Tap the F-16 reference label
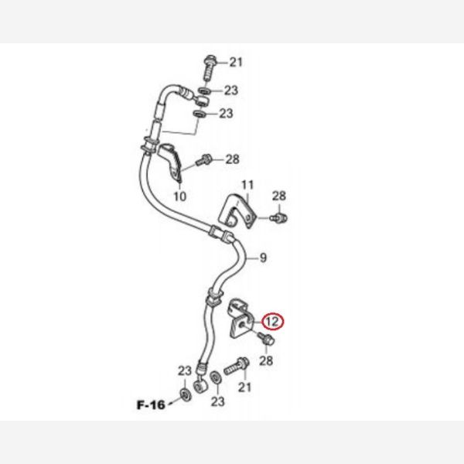151,404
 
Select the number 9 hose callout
263,258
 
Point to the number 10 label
180,196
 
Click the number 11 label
247,185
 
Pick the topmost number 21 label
236,62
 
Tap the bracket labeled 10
171,162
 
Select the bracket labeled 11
237,210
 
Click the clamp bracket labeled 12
241,320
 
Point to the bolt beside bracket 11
278,218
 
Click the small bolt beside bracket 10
204,160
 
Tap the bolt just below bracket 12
266,339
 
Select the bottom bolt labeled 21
237,366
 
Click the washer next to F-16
186,395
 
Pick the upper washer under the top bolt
204,90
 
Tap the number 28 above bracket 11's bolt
279,196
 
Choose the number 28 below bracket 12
266,360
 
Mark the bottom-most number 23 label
218,401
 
